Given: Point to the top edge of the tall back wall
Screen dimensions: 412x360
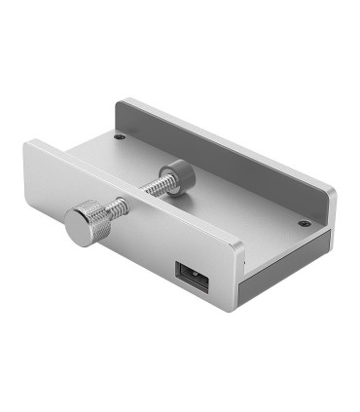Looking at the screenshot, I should pyautogui.click(x=224, y=135).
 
